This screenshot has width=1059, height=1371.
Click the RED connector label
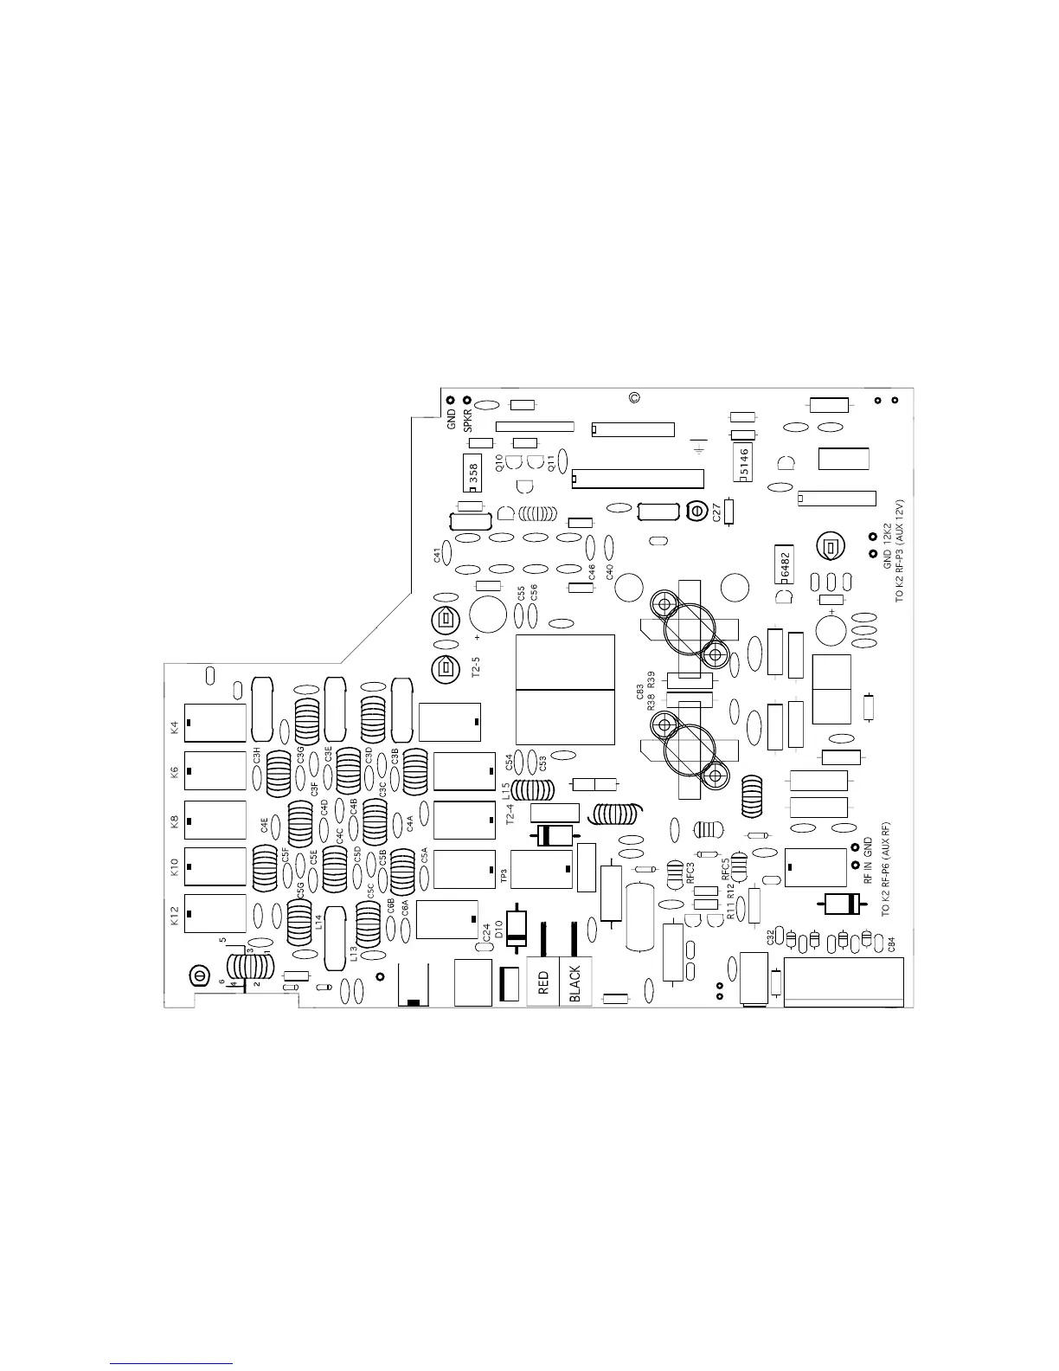[x=543, y=982]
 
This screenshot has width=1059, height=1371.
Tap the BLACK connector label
[x=575, y=983]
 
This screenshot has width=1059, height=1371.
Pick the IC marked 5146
[x=744, y=464]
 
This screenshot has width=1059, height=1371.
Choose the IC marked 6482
[x=786, y=566]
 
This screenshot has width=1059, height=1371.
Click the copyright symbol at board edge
[x=634, y=398]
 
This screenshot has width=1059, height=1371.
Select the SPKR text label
[x=468, y=420]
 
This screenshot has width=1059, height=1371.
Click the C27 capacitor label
[x=716, y=512]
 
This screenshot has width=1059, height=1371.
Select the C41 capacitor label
[x=438, y=553]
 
